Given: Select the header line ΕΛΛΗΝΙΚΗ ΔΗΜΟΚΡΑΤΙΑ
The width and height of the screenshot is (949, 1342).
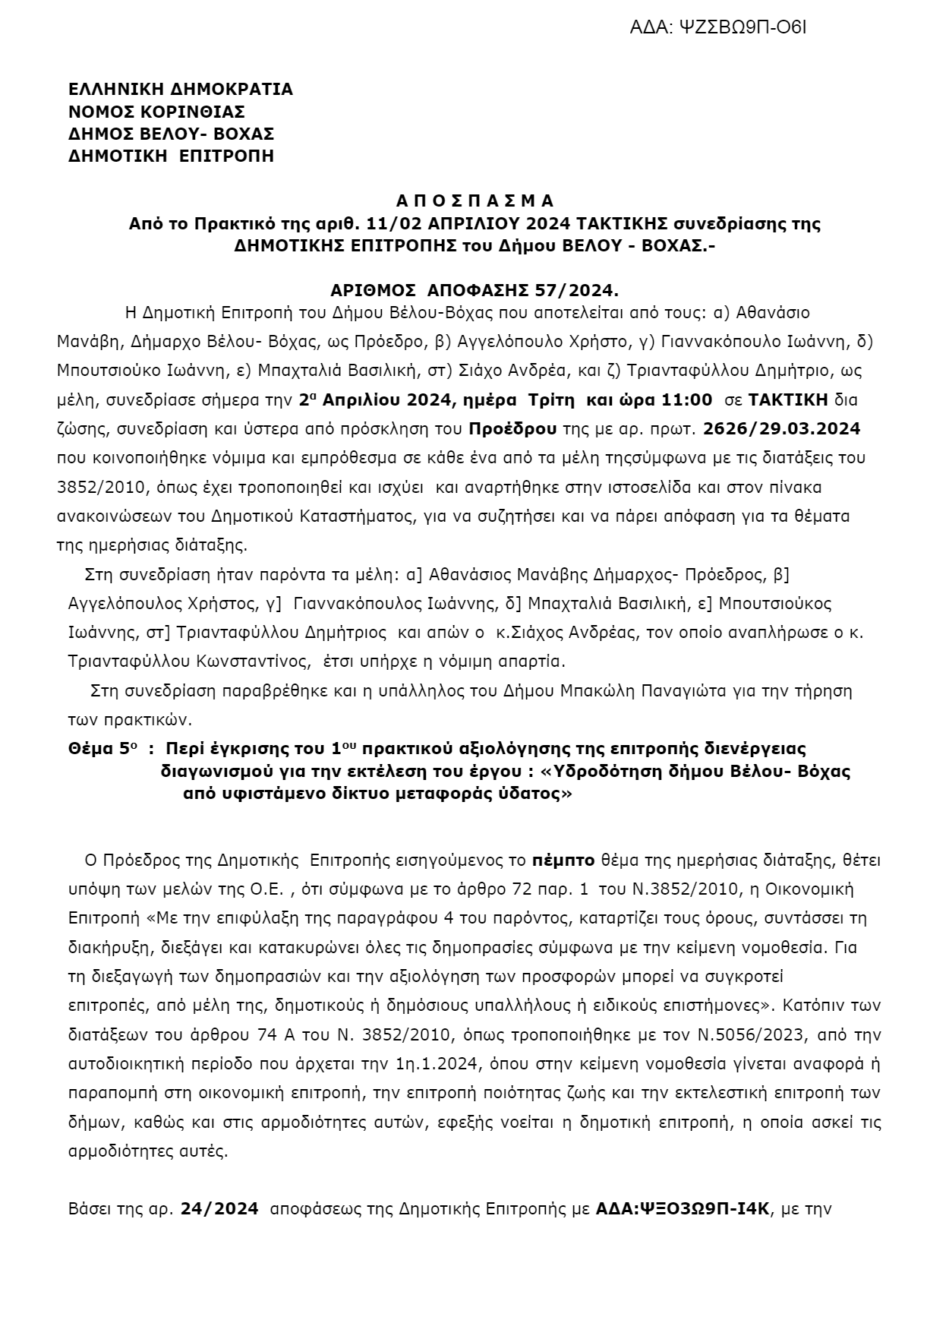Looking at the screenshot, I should pyautogui.click(x=180, y=90).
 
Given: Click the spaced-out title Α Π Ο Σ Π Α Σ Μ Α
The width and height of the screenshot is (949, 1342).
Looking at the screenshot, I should pyautogui.click(x=474, y=201).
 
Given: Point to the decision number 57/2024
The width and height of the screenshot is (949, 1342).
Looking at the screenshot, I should pyautogui.click(x=578, y=290).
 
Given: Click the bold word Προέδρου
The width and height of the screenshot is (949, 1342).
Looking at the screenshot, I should pyautogui.click(x=512, y=428).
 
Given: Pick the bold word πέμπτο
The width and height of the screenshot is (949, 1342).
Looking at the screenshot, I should pyautogui.click(x=563, y=860).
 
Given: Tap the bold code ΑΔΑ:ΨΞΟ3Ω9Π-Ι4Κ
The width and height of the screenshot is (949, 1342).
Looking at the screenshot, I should pyautogui.click(x=683, y=1208).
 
